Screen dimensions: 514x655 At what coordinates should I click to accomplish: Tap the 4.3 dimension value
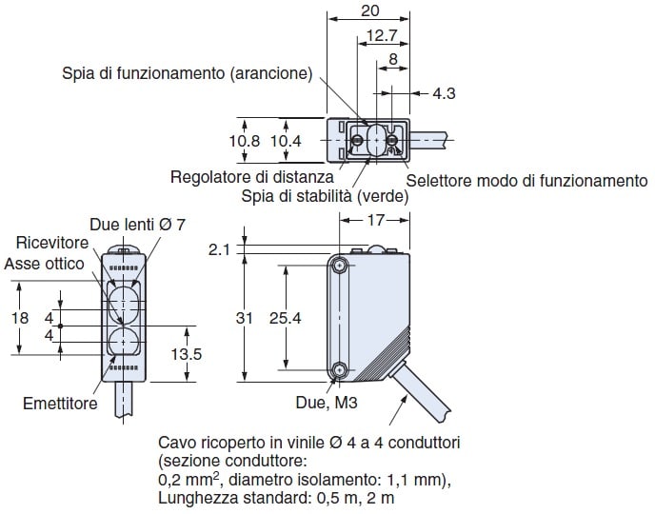pos(444,93)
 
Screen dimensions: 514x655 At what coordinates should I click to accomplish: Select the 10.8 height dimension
pos(246,140)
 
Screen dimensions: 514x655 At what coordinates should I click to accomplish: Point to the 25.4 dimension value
pos(285,319)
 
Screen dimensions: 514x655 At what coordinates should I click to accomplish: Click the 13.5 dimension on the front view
pos(185,353)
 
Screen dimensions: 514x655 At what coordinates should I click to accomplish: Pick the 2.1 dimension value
pos(220,249)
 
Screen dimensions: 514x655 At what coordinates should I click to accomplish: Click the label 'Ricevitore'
pos(45,245)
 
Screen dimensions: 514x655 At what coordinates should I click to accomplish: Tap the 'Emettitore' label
pos(60,404)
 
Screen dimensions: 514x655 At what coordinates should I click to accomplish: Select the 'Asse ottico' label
pos(44,263)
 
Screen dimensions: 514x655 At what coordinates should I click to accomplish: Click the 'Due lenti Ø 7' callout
pos(137,225)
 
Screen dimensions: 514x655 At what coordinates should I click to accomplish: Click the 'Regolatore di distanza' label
pos(252,177)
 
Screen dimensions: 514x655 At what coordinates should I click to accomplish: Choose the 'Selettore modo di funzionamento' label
pos(526,181)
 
